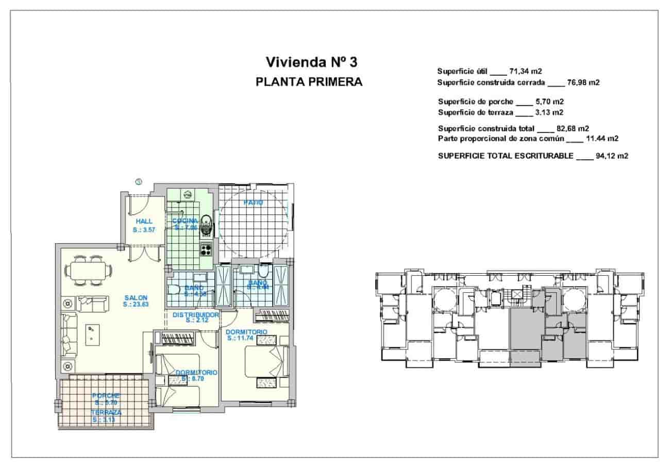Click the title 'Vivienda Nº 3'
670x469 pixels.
pyautogui.click(x=311, y=62)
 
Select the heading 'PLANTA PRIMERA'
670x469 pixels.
pyautogui.click(x=309, y=82)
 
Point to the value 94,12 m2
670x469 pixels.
pyautogui.click(x=611, y=156)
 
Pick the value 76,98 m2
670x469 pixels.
pyautogui.click(x=585, y=82)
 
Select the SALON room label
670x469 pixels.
pyautogui.click(x=136, y=297)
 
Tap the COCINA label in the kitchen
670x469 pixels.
pyautogui.click(x=185, y=221)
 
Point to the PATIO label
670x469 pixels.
pyautogui.click(x=254, y=203)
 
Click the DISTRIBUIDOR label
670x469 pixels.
pyautogui.click(x=196, y=314)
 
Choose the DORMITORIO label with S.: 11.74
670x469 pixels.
pyautogui.click(x=246, y=332)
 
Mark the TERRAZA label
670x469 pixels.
pyautogui.click(x=106, y=413)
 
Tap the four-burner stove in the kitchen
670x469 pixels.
pyautogui.click(x=207, y=249)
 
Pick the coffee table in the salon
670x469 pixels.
pyautogui.click(x=91, y=334)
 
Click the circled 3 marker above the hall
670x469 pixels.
pyautogui.click(x=139, y=181)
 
